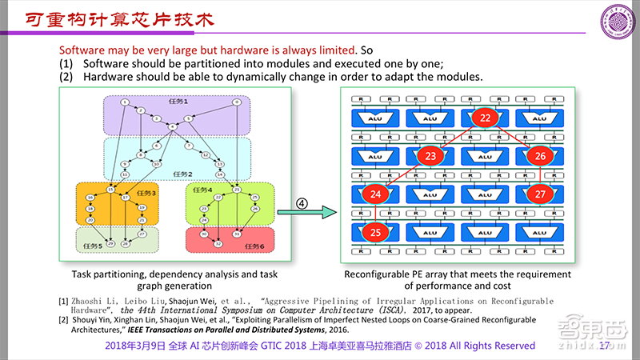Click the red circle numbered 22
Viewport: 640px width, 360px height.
pos(485,118)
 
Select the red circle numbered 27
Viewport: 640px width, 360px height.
pos(540,194)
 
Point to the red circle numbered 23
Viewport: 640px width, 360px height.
pos(430,156)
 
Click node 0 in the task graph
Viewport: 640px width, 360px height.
pos(237,102)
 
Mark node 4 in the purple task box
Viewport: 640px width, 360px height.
pos(172,126)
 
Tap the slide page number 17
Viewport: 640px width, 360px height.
pos(605,346)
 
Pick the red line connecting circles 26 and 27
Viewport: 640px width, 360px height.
pos(540,175)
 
